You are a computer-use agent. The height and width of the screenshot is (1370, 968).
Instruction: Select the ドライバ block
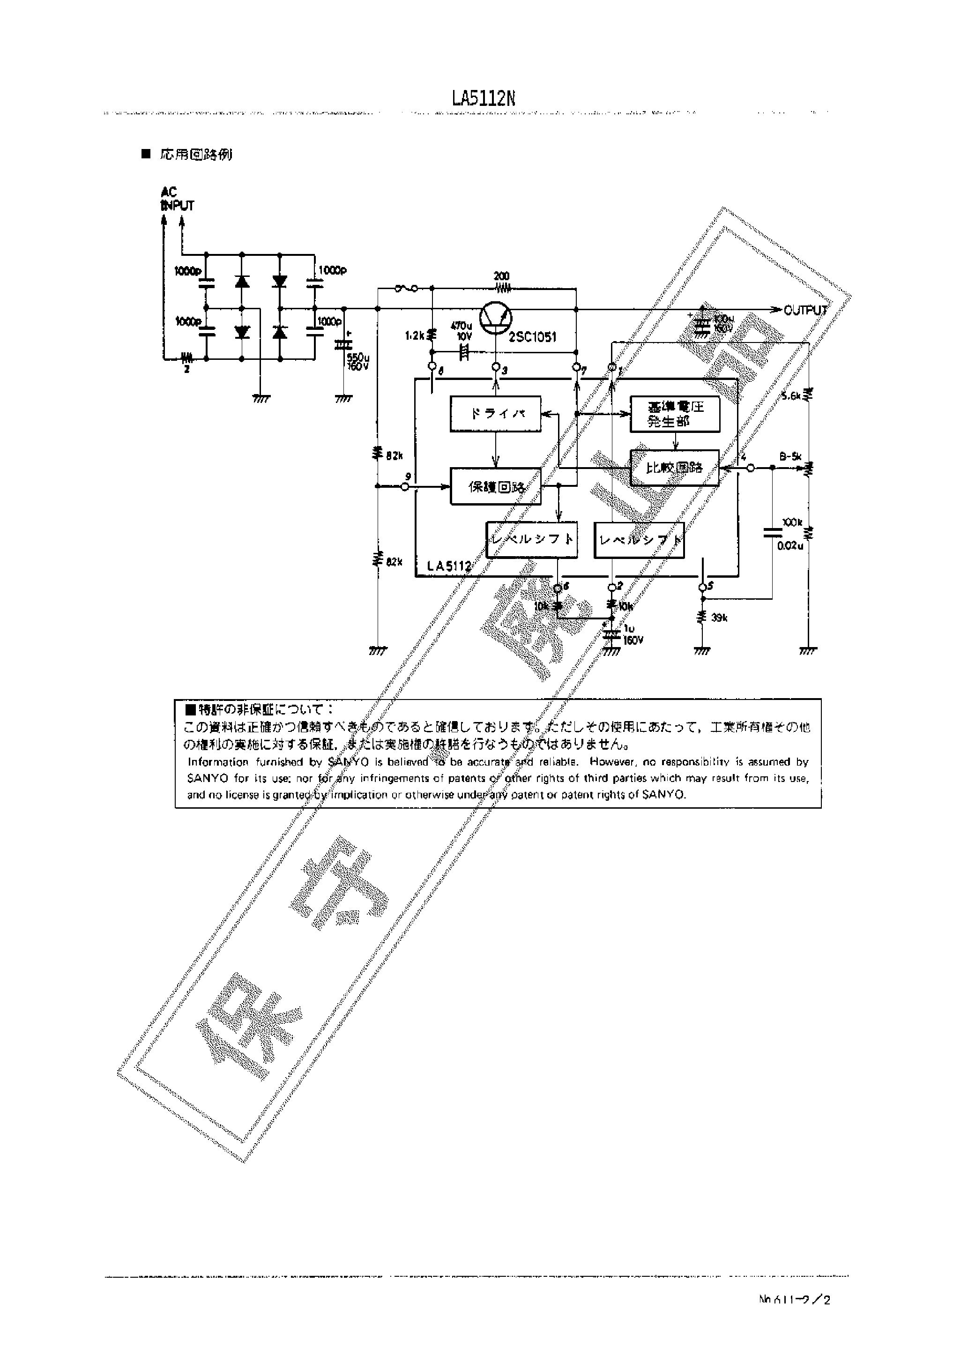pos(495,414)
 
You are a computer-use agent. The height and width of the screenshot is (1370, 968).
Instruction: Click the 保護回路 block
pos(495,487)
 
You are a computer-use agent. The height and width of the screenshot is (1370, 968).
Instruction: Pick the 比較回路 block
pos(674,468)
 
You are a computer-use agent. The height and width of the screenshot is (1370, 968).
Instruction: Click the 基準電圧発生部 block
pos(675,414)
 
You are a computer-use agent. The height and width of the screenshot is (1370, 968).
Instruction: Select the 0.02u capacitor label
pos(789,546)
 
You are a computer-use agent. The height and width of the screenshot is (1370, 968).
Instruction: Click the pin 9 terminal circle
pos(406,487)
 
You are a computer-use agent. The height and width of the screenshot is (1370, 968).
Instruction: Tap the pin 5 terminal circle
pos(702,587)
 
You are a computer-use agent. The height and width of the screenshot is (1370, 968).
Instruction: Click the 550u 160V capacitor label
pos(358,362)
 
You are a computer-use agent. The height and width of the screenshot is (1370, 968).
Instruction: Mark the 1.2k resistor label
pos(414,336)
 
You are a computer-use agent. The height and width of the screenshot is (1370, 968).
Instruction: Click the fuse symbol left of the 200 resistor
pos(406,289)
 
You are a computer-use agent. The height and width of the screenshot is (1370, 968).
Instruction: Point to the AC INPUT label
pos(177,199)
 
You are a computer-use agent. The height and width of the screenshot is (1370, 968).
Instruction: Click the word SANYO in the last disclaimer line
pos(664,795)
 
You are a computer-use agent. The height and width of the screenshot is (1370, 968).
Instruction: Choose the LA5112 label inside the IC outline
pos(449,566)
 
